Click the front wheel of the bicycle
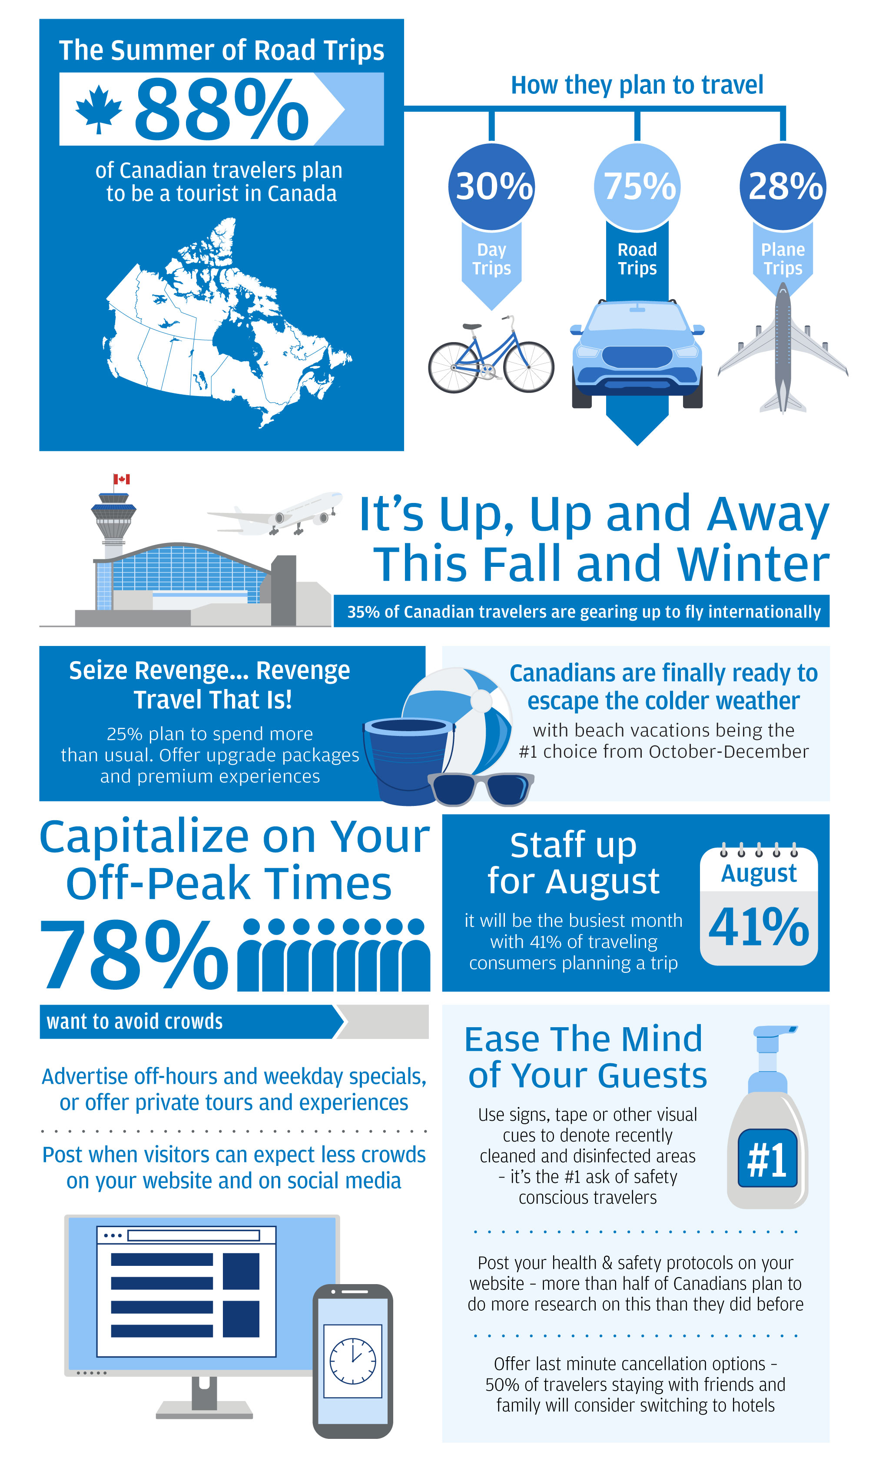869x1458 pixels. pos(528,367)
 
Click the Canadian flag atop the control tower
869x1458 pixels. pos(122,479)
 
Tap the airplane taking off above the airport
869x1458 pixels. pos(281,514)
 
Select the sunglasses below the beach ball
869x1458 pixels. pos(480,789)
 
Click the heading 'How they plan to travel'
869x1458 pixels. pos(637,85)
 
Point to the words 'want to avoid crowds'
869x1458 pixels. pos(135,1022)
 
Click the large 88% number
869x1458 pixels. pos(221,110)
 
